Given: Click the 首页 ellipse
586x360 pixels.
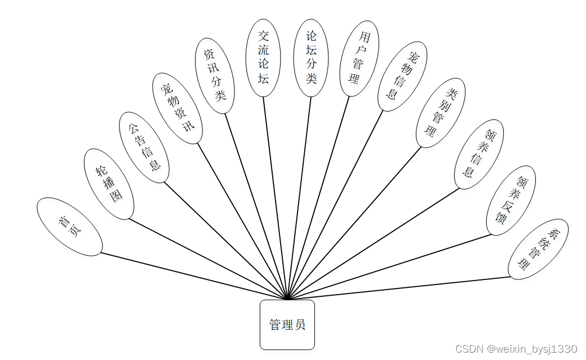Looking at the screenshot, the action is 69,226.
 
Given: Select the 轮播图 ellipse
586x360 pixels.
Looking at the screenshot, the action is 109,184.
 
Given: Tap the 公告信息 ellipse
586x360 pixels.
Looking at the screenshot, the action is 144,147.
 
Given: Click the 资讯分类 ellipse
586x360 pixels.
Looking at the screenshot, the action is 215,76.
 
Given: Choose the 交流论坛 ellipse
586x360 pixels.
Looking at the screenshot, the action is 264,57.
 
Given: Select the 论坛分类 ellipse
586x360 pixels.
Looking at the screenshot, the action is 311,57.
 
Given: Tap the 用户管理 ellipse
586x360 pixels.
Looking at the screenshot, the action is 359,59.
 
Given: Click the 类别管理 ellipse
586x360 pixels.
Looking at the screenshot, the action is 441,113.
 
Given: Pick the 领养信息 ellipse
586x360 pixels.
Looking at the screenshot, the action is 479,153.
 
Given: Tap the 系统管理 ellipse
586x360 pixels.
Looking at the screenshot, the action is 538,249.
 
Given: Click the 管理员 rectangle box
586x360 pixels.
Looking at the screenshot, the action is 287,325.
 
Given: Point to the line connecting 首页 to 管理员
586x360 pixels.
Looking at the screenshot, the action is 192,275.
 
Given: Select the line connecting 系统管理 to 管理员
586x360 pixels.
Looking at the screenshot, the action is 400,288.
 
